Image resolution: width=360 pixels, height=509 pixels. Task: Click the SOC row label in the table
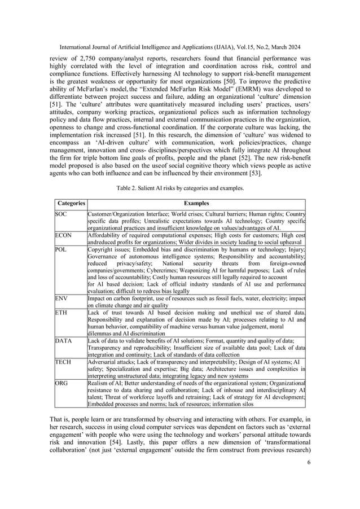61,214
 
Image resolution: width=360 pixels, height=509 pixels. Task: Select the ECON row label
63,234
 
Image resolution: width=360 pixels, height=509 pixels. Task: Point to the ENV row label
62,296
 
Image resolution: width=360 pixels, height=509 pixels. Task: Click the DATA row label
63,340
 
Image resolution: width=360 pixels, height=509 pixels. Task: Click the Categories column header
71,203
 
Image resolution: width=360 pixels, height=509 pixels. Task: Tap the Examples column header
196,203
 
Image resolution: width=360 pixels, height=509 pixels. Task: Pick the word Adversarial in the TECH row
104,362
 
